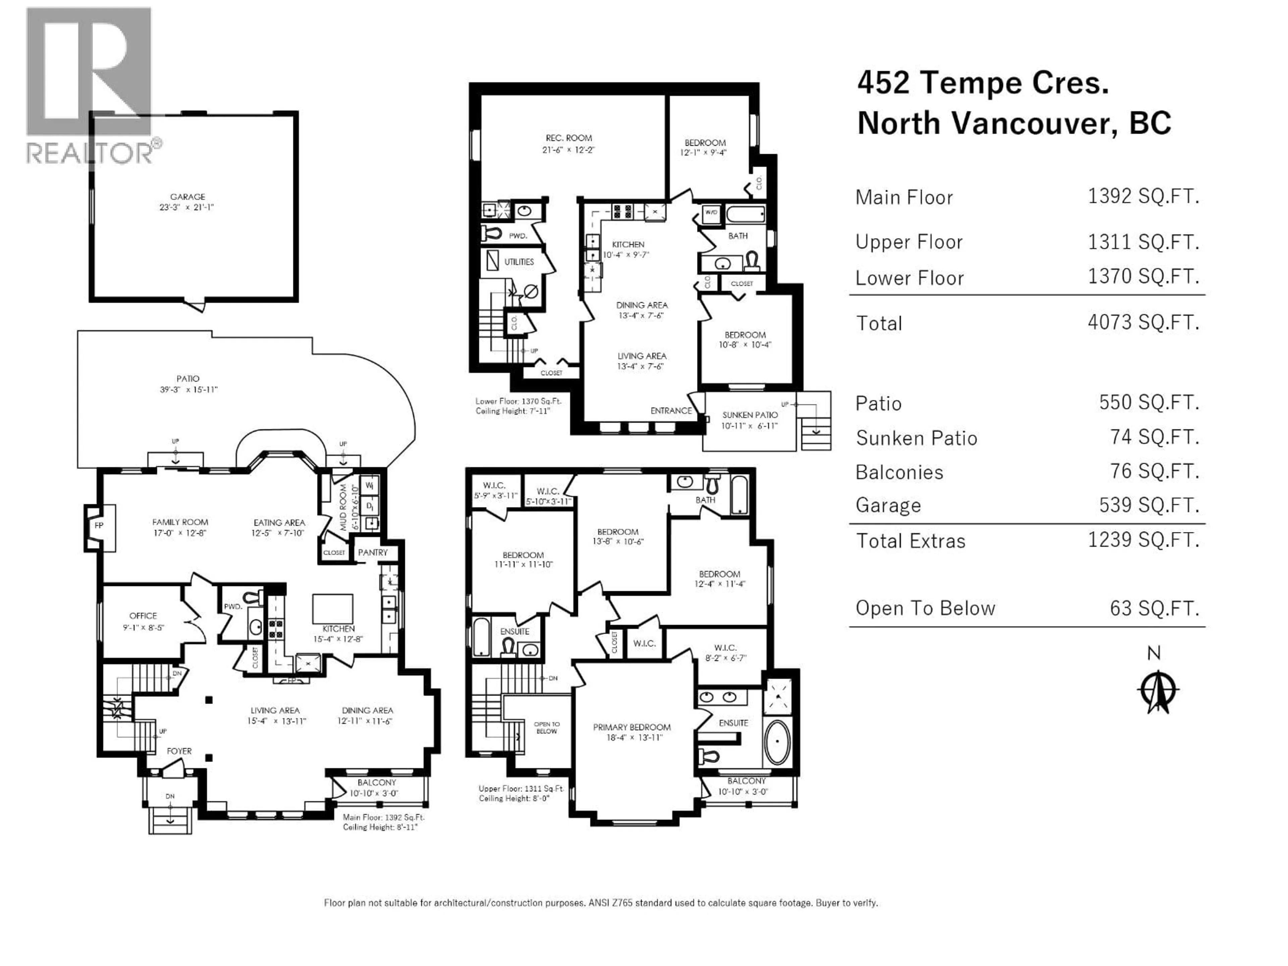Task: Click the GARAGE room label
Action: coord(187,197)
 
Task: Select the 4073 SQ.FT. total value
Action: coord(1143,322)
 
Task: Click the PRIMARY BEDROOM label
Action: coord(632,727)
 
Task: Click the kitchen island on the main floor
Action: coord(332,608)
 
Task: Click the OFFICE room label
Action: coord(143,615)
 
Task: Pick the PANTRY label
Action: coord(373,552)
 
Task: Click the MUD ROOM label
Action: coord(343,507)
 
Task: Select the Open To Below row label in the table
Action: coord(925,608)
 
